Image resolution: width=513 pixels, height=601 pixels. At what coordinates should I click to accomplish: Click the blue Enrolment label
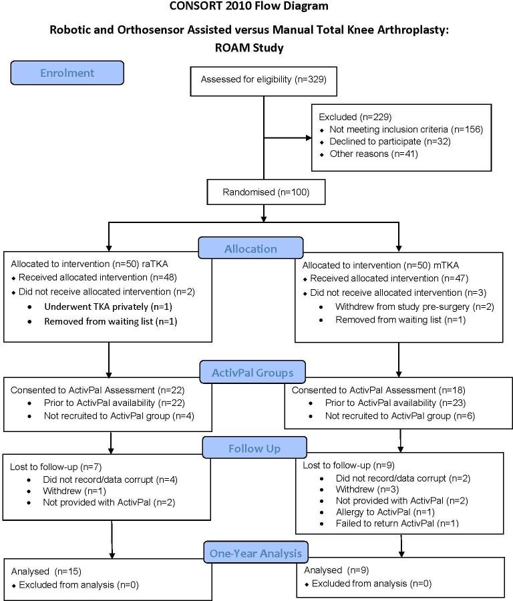click(67, 73)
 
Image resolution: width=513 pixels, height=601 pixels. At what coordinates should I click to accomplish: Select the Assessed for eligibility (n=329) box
click(264, 80)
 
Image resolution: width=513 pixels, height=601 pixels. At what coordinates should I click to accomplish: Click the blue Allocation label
click(250, 248)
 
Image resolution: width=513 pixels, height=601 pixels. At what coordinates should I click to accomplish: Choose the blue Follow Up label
click(254, 448)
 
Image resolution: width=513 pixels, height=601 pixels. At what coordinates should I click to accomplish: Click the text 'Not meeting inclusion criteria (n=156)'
click(405, 129)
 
